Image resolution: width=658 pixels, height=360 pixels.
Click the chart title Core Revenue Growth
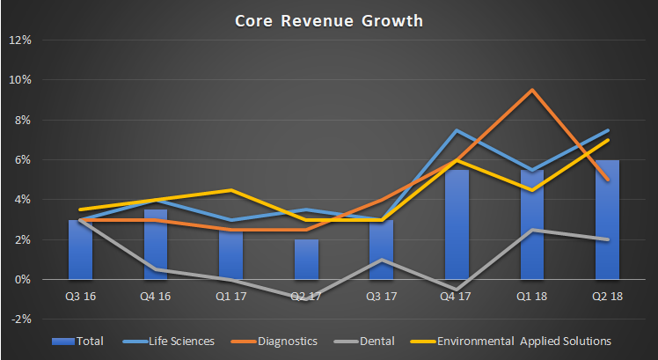(329, 19)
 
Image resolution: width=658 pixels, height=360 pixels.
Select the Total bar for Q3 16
(80, 250)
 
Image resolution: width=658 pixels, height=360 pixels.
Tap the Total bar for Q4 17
(457, 224)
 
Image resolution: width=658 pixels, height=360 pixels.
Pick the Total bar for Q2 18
(607, 220)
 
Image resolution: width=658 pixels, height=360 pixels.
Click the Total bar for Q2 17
(306, 260)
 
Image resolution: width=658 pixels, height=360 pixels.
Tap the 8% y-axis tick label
(23, 120)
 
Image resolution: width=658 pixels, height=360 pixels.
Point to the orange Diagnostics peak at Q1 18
(531, 90)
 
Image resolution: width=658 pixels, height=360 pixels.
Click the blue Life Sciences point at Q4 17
(457, 130)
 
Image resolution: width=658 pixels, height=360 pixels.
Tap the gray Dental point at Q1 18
(531, 230)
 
